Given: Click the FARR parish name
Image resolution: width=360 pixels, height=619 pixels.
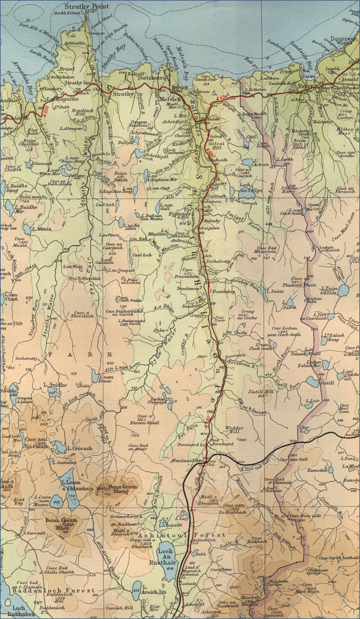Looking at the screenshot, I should (74, 357).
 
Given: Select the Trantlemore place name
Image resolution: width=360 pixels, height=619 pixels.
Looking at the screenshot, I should (189, 288).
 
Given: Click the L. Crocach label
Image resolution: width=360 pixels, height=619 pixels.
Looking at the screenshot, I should (77, 448).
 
